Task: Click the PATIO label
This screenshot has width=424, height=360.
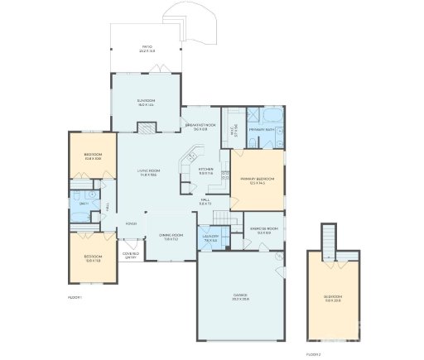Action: point(147,48)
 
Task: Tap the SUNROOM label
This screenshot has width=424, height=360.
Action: point(146,103)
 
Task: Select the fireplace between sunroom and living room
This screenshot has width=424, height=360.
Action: point(146,127)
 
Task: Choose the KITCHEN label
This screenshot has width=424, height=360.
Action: point(205,170)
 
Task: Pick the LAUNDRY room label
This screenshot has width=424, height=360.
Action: point(210,238)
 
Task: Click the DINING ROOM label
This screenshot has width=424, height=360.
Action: point(170,238)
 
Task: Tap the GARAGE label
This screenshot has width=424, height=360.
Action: point(241,296)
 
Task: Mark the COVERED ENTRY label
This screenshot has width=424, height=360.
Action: point(130,255)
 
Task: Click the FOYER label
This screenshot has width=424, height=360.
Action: point(131,223)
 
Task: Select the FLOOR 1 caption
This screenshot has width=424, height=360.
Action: point(75,296)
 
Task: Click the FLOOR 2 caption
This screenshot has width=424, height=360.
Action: point(313,353)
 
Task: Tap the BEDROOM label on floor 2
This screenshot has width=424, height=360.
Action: point(332,297)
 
